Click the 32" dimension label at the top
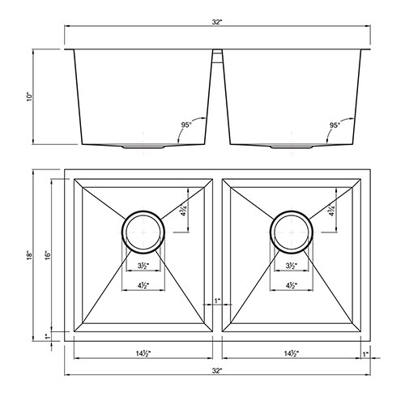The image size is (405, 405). point(217,23)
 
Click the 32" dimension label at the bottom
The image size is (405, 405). point(217,371)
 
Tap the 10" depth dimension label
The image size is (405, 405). point(29,97)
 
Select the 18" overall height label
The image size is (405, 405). point(29,255)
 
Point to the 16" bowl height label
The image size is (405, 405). point(48,255)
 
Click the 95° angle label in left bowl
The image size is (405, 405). point(186,125)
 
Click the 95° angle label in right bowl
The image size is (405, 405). point(335,125)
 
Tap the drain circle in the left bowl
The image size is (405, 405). point(122,232)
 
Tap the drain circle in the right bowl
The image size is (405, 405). point(271,232)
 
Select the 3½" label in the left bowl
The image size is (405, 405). point(143,266)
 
